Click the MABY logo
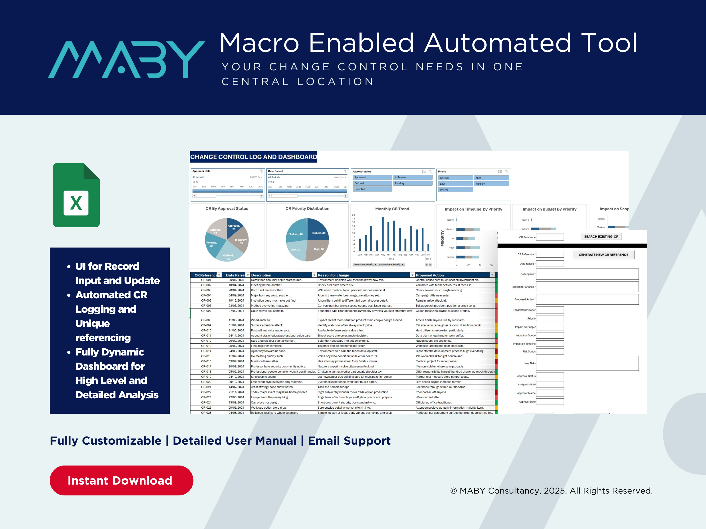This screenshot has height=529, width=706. [126, 60]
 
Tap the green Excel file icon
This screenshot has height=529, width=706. [76, 195]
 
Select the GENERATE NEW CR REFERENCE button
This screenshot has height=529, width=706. [603, 255]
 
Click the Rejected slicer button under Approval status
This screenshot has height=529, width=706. [372, 189]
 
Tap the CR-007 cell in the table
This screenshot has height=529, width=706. [206, 311]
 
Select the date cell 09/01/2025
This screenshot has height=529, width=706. [236, 280]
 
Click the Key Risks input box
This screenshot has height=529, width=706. [587, 363]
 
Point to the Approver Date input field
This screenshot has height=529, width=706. [550, 402]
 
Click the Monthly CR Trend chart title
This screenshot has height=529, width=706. [392, 209]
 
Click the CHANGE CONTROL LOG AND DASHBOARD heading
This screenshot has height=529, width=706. [253, 157]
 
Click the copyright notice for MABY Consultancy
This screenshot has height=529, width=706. [551, 491]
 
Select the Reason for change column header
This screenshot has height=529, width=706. [334, 275]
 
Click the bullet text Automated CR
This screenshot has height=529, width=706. [111, 295]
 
